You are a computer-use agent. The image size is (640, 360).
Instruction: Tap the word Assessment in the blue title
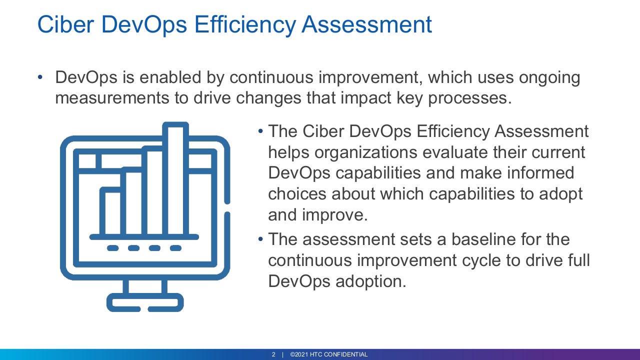[x=367, y=24]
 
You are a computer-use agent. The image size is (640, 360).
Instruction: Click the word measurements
[x=112, y=98]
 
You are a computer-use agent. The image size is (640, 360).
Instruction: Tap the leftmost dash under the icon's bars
[x=112, y=248]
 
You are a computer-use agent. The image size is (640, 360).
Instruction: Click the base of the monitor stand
[x=145, y=302]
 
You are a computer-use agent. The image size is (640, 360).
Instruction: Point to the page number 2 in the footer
[x=273, y=354]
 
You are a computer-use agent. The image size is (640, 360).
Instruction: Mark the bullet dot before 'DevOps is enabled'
[x=40, y=77]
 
